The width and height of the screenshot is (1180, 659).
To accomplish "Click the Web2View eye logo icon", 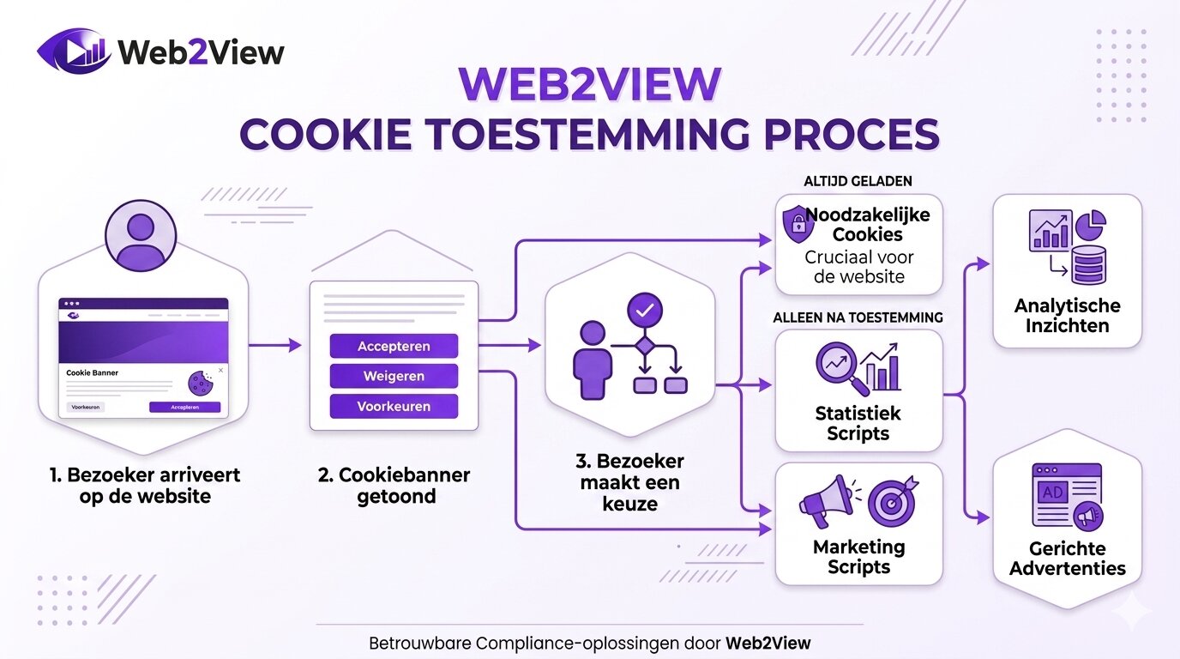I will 74,51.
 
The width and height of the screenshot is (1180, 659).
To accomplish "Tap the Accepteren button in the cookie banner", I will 394,347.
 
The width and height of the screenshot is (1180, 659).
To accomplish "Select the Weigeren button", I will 394,377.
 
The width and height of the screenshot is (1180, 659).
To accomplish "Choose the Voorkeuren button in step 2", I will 394,407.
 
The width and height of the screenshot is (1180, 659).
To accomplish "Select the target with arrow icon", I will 892,501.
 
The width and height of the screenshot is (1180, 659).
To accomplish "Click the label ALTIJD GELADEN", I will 858,182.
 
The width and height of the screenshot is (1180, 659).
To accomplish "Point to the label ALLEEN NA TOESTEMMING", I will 858,317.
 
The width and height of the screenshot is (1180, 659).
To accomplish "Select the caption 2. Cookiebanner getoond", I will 394,486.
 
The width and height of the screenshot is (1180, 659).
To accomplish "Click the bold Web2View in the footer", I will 768,643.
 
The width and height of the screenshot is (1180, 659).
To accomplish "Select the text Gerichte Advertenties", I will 1067,559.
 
